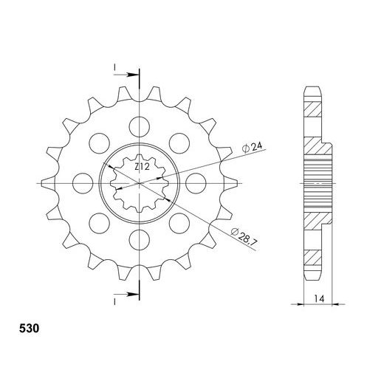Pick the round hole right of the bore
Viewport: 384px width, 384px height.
point(196,182)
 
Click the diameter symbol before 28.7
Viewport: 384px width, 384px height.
point(235,234)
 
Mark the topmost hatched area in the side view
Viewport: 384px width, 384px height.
point(313,108)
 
